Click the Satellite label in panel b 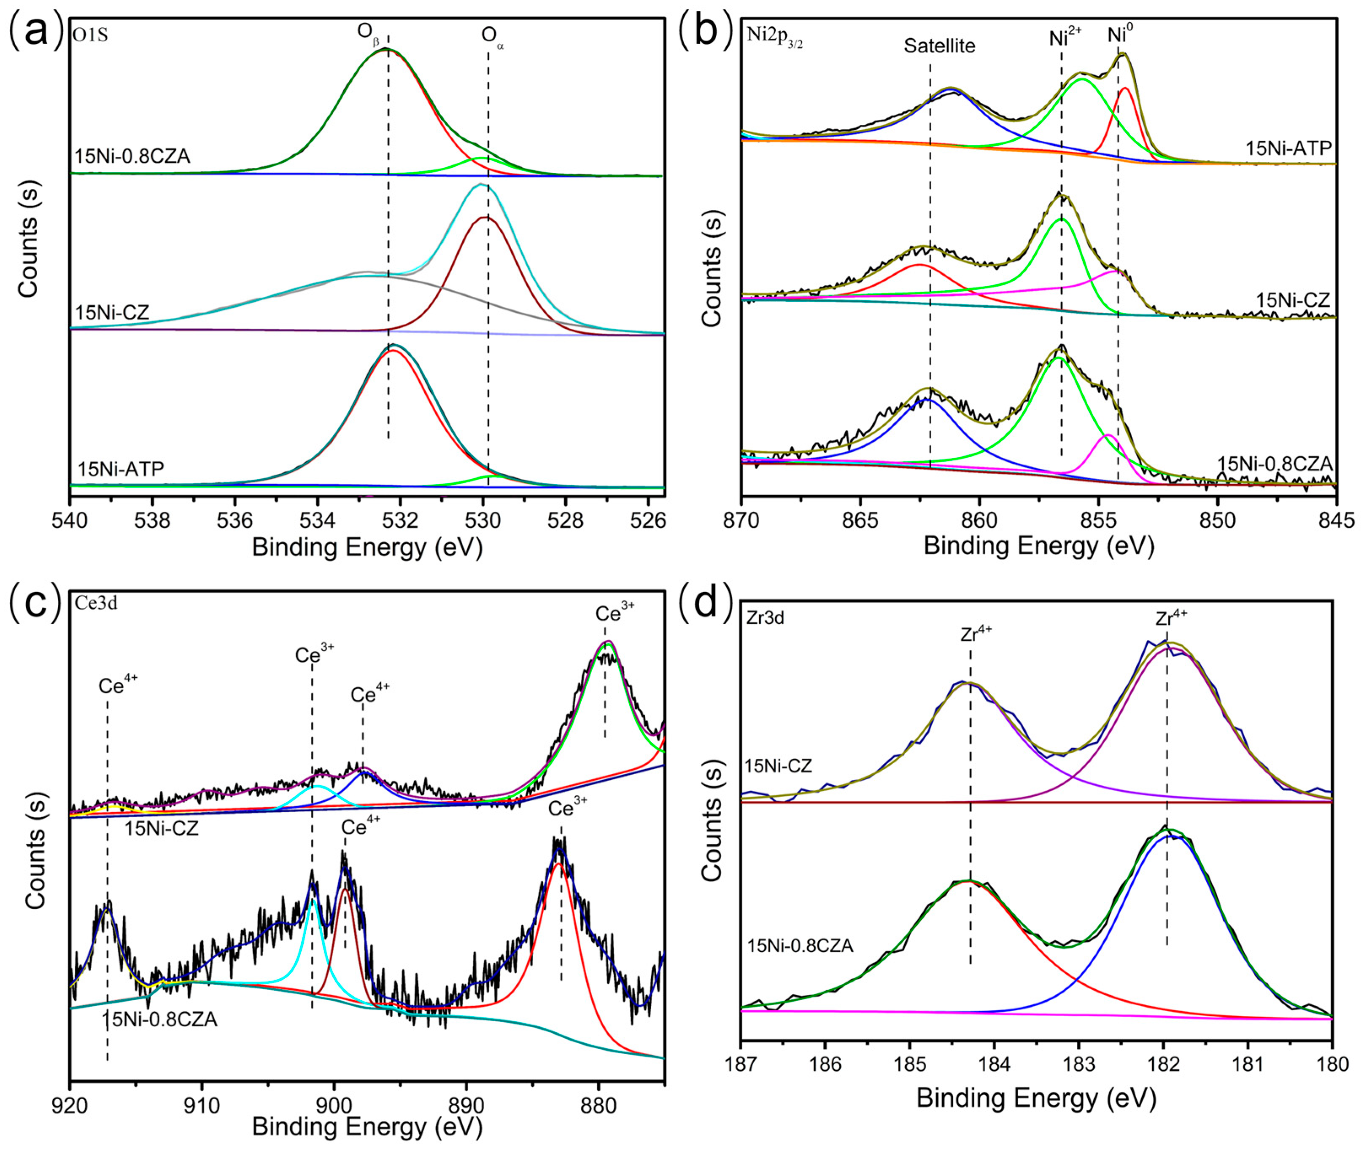(x=939, y=46)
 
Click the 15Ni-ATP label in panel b (x=1289, y=148)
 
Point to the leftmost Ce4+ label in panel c (x=118, y=685)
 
